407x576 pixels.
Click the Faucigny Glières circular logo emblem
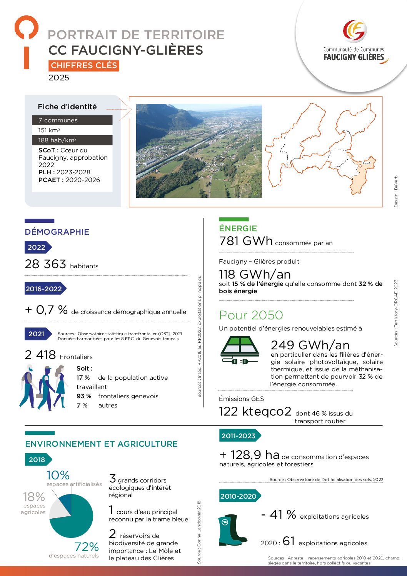354,31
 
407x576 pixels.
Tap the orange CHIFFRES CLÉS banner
84,65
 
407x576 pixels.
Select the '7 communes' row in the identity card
72,120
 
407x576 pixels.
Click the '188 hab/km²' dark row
72,140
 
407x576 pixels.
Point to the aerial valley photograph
199,151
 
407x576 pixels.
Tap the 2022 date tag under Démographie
37,247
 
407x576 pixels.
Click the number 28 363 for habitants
45,264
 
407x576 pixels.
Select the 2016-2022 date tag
44,289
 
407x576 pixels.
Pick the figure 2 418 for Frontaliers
40,355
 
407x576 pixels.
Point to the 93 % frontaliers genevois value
83,396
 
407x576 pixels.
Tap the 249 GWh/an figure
310,345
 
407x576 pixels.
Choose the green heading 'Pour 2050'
251,315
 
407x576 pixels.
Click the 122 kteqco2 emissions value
255,411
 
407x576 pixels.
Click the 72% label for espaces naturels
87,546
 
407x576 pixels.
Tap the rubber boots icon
232,530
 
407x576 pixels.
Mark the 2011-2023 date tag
239,436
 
